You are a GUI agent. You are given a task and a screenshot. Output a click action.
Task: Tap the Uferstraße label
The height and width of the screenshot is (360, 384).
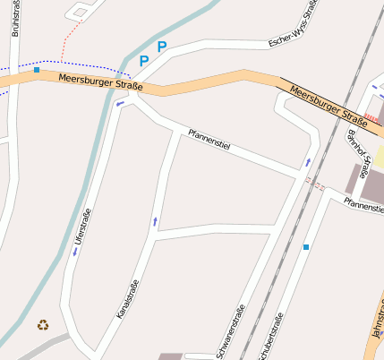click(83, 228)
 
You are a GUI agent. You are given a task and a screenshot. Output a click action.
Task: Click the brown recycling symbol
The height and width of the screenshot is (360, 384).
click(43, 324)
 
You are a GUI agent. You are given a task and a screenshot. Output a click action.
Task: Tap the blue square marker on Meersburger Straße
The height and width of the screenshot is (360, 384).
click(37, 69)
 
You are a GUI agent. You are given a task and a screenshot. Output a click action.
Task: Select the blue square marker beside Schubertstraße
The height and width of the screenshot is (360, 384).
click(306, 246)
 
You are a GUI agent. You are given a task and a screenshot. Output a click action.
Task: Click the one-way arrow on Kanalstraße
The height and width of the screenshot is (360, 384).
click(155, 219)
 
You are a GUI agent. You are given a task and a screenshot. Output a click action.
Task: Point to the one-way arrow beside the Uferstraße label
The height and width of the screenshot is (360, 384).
click(75, 252)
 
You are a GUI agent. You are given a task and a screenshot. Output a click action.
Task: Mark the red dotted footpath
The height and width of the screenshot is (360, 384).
click(71, 36)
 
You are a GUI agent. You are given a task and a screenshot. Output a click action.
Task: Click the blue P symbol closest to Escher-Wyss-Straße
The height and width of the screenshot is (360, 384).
click(162, 47)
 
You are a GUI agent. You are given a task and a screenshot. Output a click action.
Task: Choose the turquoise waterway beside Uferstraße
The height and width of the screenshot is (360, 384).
click(36, 269)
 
